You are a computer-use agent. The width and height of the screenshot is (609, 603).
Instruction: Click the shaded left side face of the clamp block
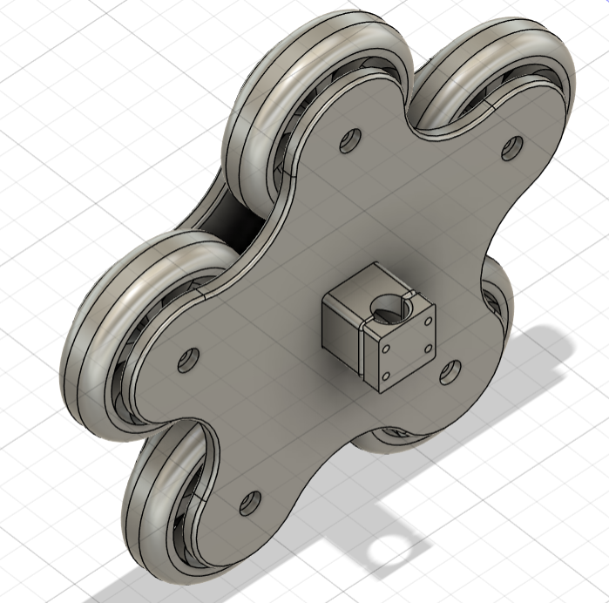pyautogui.click(x=341, y=332)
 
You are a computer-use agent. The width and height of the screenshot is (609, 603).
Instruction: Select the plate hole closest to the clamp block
pyautogui.click(x=450, y=373)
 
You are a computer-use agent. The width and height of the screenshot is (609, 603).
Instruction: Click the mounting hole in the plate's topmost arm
pyautogui.click(x=351, y=139)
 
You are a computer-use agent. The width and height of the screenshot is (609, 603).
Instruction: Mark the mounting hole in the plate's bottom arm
pyautogui.click(x=250, y=502)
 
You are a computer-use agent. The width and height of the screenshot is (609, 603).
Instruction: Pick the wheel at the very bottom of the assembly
pyautogui.click(x=161, y=514)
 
